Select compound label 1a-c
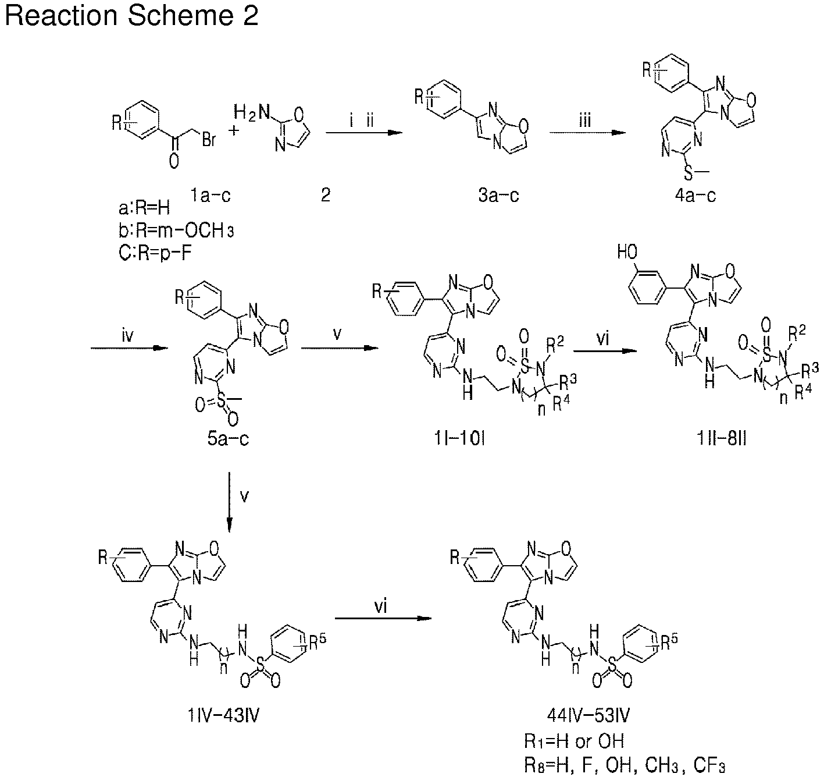click(210, 195)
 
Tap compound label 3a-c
click(498, 195)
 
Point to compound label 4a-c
click(695, 195)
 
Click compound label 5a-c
click(228, 438)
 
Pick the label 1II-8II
click(721, 438)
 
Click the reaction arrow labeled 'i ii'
click(364, 133)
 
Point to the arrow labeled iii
click(587, 133)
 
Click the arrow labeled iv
click(130, 348)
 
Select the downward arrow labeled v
click(229, 502)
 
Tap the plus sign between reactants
click(234, 131)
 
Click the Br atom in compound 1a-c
click(209, 140)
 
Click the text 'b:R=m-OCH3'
click(176, 230)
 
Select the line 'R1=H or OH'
click(574, 741)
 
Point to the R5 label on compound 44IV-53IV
click(669, 643)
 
